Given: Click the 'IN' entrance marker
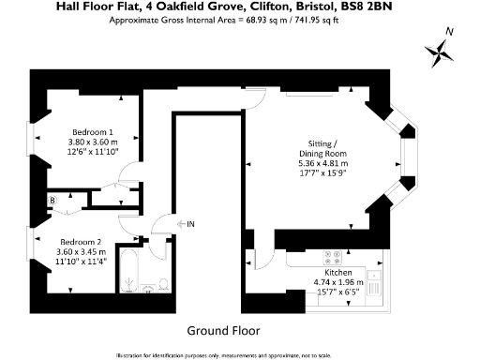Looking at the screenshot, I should click(x=190, y=223).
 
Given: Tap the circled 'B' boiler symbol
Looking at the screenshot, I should click(x=53, y=200).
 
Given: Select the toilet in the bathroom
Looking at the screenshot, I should click(x=162, y=286).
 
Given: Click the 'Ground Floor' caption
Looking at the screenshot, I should click(x=223, y=331).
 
